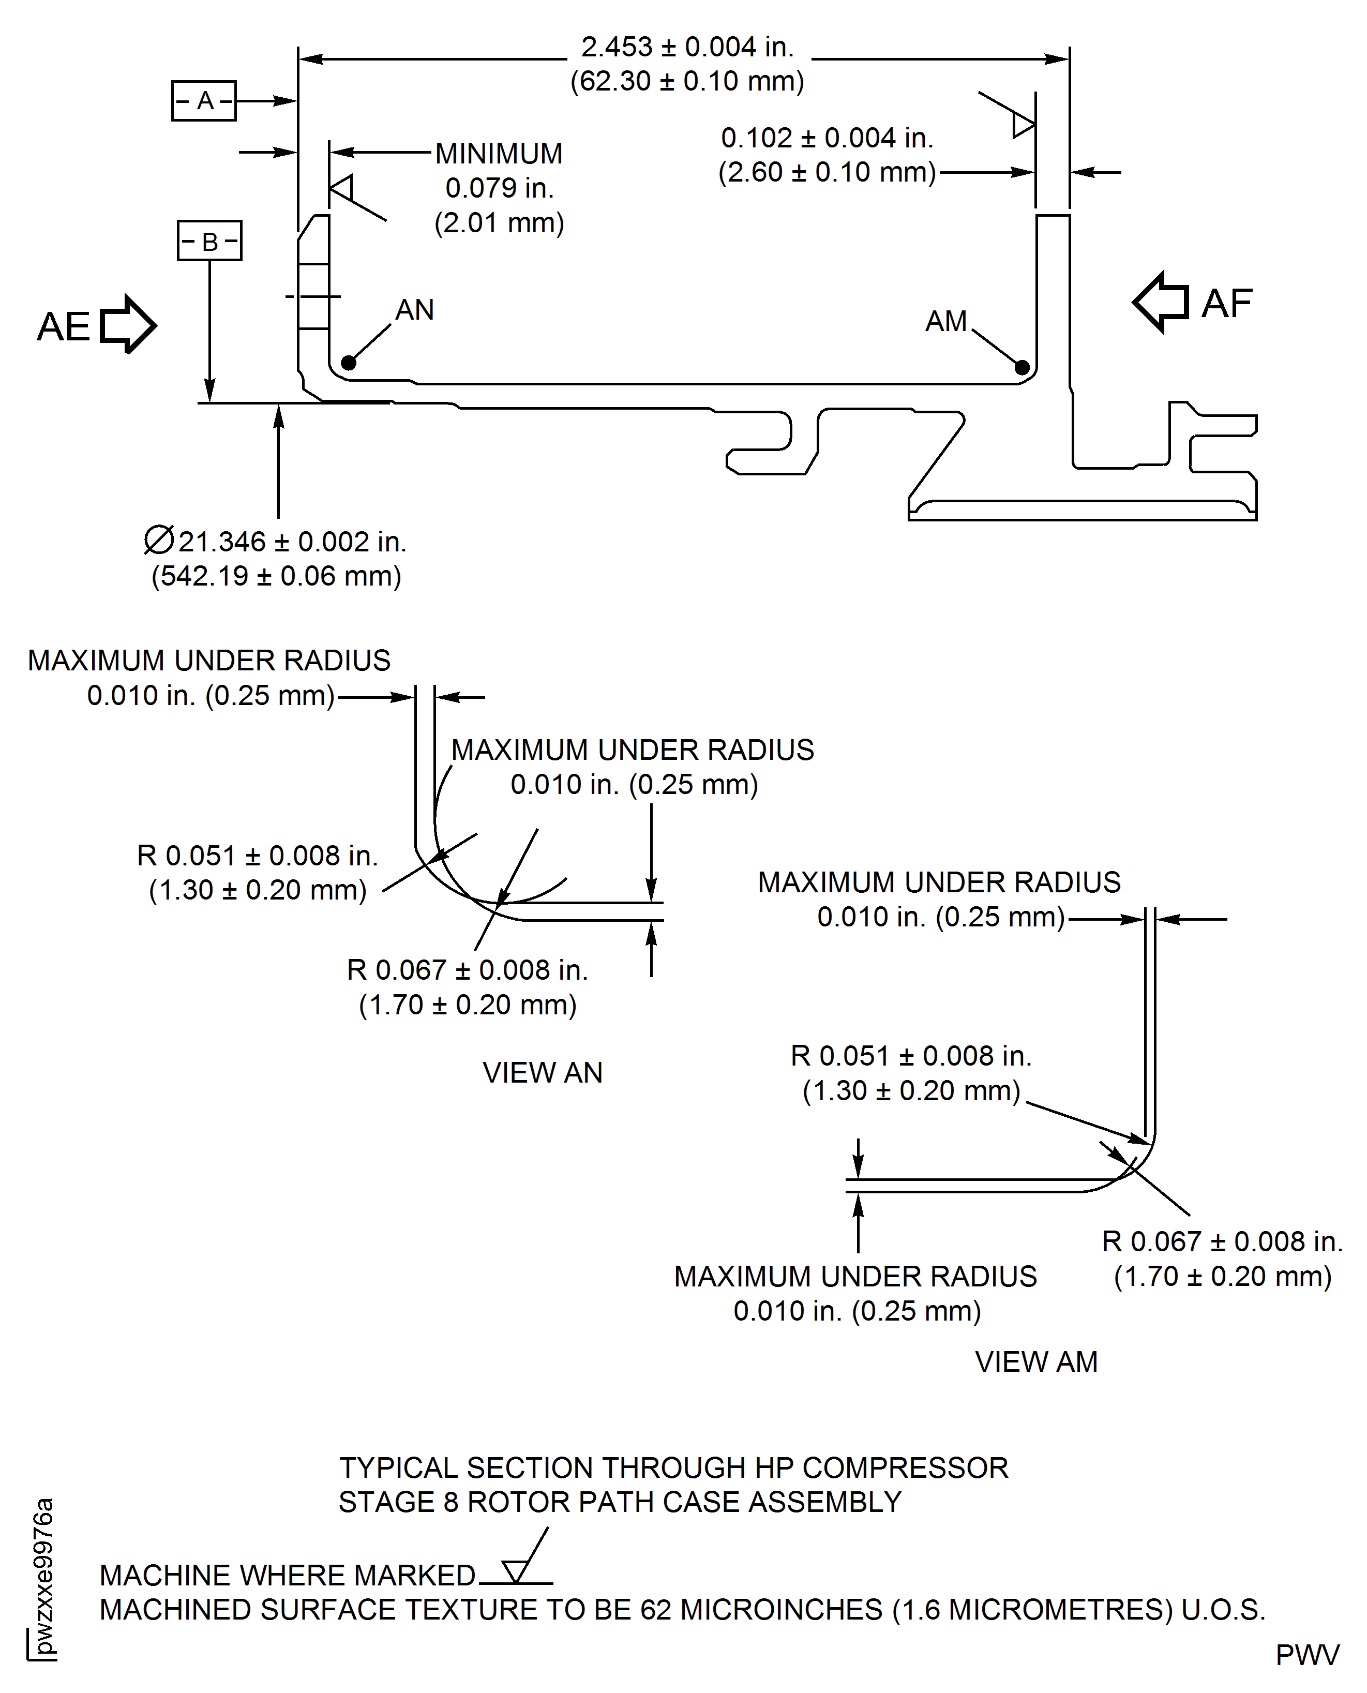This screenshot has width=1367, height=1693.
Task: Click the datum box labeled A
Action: tap(203, 101)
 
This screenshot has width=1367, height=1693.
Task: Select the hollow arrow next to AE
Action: tap(128, 324)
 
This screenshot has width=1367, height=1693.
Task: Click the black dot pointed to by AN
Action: tap(349, 363)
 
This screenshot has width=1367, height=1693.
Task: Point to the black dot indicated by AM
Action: tap(1022, 367)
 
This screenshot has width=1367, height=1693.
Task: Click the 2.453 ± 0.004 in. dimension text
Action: tap(687, 47)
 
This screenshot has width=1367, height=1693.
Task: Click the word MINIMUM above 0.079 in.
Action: tap(499, 154)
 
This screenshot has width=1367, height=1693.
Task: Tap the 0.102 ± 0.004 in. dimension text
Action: tap(827, 138)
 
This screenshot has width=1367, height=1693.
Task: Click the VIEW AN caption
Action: tap(543, 1072)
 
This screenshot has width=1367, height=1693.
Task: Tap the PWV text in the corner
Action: tap(1307, 1655)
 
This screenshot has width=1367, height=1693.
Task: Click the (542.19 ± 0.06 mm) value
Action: tap(276, 576)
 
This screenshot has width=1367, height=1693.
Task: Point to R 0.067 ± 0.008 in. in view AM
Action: tap(1221, 1242)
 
